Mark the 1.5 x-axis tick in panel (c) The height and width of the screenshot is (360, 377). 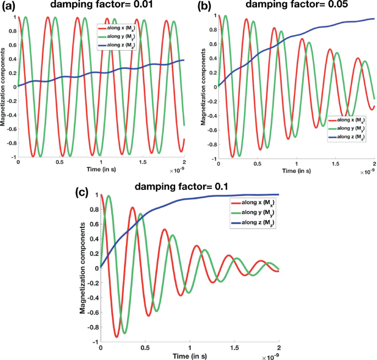234,348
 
